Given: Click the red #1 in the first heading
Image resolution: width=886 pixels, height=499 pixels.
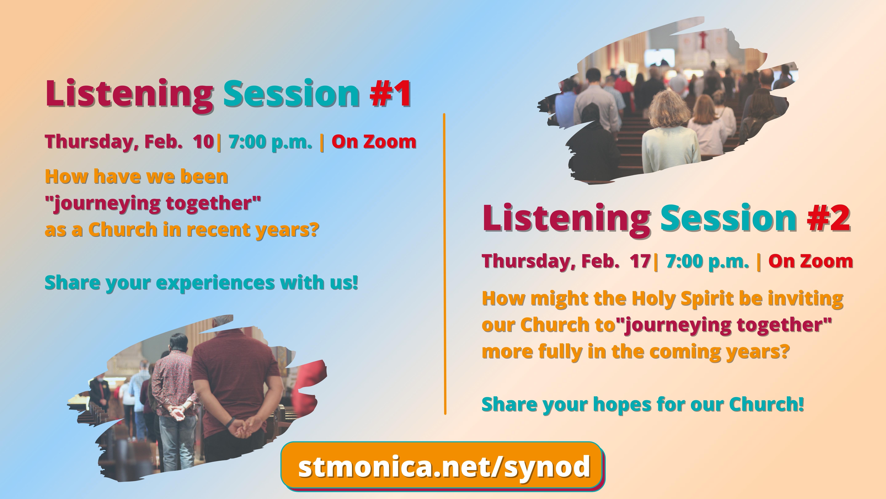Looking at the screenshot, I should tap(390, 93).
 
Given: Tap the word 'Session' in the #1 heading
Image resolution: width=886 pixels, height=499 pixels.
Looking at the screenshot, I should tap(292, 93).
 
